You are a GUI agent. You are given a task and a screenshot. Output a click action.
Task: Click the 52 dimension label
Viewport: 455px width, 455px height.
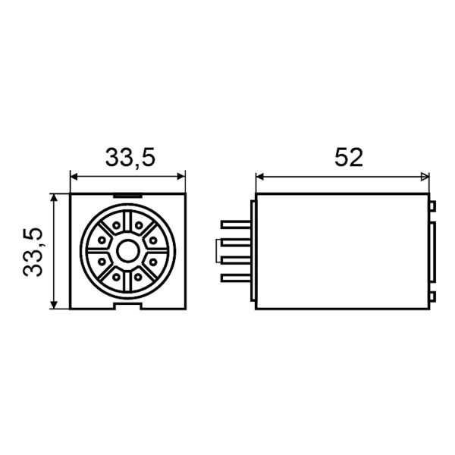click(x=349, y=157)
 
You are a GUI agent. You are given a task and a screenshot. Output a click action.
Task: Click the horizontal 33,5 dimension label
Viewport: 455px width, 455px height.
click(x=130, y=158)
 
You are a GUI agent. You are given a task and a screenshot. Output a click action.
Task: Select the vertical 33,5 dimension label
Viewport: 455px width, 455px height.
click(x=33, y=252)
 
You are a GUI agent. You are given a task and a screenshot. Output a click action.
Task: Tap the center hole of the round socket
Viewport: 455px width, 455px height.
click(x=127, y=251)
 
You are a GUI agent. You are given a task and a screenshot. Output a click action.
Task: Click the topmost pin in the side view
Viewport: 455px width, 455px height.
click(x=236, y=224)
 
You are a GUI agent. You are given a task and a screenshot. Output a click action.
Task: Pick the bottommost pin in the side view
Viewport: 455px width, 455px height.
click(x=236, y=278)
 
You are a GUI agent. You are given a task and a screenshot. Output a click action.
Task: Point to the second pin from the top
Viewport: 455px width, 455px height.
click(x=236, y=243)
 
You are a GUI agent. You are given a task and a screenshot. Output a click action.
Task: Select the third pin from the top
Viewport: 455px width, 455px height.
click(x=236, y=260)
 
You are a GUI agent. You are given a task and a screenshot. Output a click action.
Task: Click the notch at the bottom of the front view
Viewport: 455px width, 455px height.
click(x=127, y=306)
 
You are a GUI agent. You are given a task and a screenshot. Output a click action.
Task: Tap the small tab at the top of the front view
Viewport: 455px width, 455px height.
click(x=127, y=196)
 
